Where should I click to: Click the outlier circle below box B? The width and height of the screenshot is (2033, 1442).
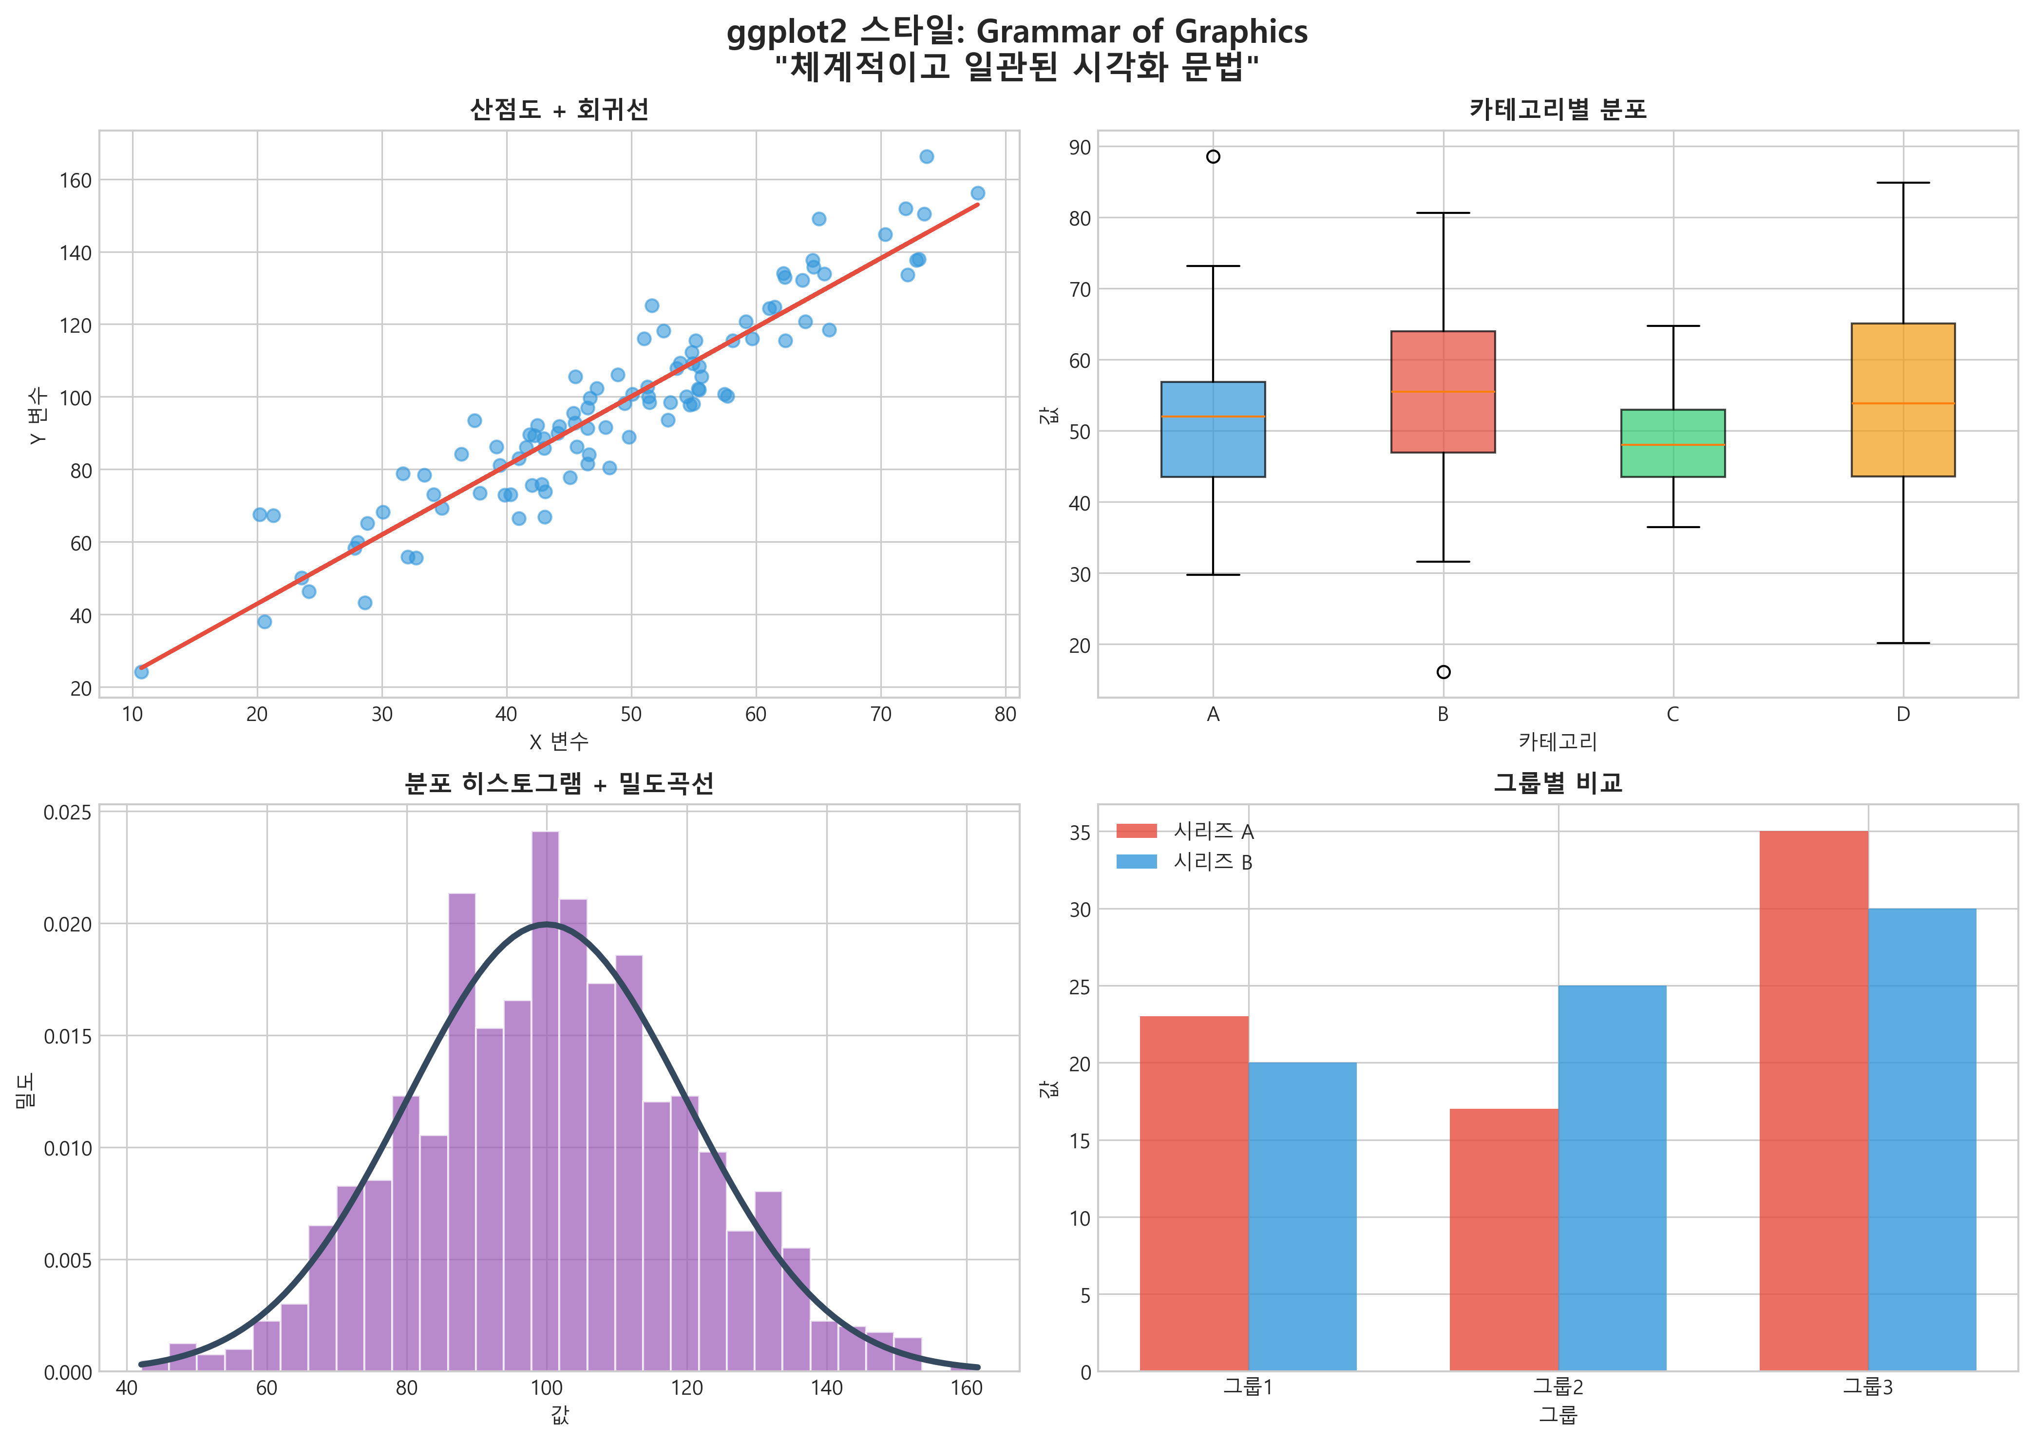pyautogui.click(x=1444, y=672)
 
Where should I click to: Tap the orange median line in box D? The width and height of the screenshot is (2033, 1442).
pyautogui.click(x=1902, y=404)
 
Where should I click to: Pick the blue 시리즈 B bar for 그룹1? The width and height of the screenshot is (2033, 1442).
pyautogui.click(x=1302, y=1216)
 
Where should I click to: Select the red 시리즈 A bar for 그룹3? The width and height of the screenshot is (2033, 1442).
pyautogui.click(x=1814, y=1101)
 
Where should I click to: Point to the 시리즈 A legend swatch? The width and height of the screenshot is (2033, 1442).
pyautogui.click(x=1137, y=831)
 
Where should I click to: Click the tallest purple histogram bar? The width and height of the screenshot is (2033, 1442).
pyautogui.click(x=545, y=1101)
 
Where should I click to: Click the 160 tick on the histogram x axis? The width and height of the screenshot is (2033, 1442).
pyautogui.click(x=967, y=1388)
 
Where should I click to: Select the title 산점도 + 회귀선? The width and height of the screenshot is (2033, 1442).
pyautogui.click(x=559, y=109)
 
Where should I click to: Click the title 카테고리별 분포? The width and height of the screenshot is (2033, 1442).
pyautogui.click(x=1558, y=109)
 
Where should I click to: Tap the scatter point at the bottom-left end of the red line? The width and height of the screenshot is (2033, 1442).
pyautogui.click(x=141, y=672)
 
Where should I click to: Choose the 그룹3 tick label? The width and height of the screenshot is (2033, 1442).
pyautogui.click(x=1868, y=1387)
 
